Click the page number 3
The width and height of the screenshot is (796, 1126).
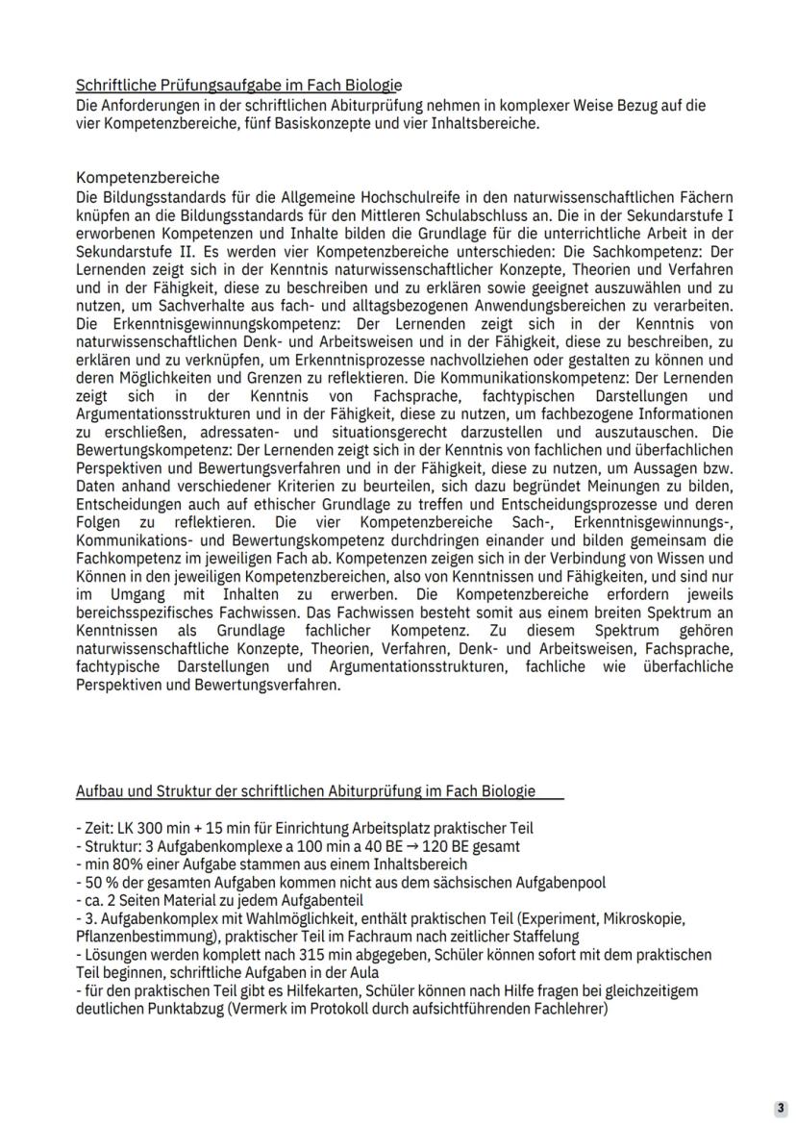coord(782,1108)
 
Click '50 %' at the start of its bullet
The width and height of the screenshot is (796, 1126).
coord(98,882)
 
